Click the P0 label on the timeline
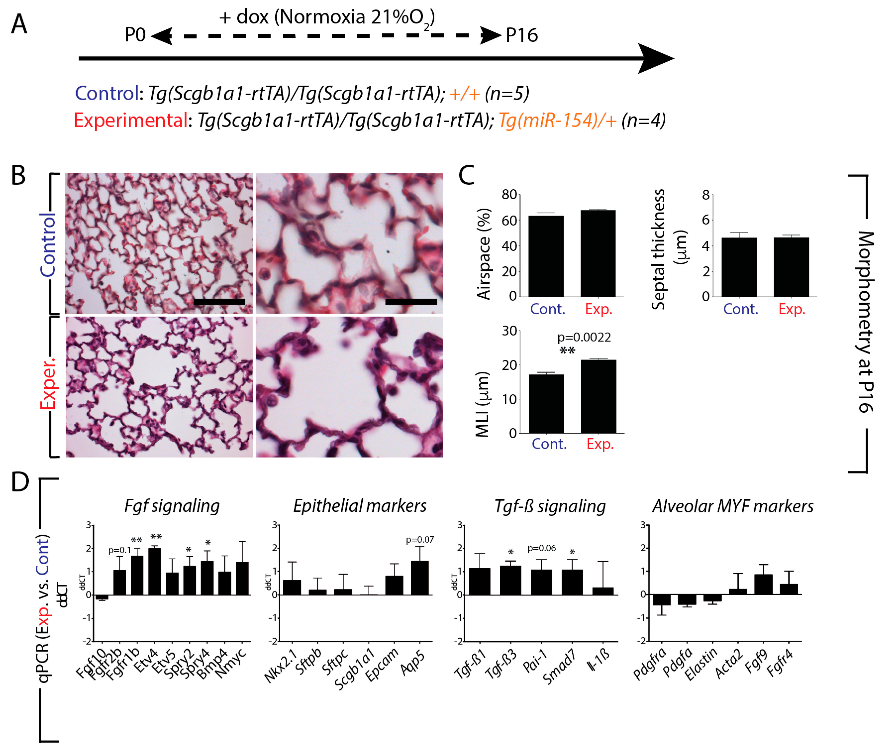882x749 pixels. tap(135, 35)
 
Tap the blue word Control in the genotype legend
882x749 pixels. tap(107, 93)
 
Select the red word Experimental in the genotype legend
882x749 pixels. tap(130, 121)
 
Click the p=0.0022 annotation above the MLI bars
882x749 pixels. tap(584, 338)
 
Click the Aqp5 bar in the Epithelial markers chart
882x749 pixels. tap(419, 578)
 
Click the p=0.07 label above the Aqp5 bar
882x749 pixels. tap(419, 540)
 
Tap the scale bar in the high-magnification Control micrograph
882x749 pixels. tap(411, 302)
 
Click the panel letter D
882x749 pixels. tap(20, 482)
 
